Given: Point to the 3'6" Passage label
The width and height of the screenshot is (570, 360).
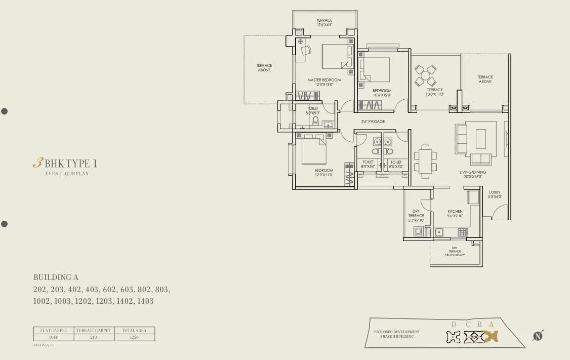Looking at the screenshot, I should click(x=373, y=122).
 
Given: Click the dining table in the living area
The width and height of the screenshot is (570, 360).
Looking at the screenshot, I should click(x=425, y=160).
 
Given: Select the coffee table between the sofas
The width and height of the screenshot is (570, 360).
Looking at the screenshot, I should click(x=480, y=138).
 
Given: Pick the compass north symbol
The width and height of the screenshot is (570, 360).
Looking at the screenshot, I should click(x=537, y=336).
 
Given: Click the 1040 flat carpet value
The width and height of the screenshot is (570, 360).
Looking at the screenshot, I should click(x=53, y=337).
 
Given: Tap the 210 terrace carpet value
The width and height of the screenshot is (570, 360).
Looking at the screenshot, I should click(x=94, y=337).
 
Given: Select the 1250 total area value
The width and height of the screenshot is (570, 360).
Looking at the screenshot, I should click(x=134, y=337).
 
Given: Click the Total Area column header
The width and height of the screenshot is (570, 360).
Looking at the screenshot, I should click(x=134, y=330).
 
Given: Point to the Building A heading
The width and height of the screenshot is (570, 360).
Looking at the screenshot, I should click(x=56, y=277).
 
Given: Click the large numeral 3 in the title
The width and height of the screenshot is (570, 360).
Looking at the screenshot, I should click(x=37, y=163).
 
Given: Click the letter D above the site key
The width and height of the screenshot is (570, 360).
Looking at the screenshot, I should click(x=454, y=325).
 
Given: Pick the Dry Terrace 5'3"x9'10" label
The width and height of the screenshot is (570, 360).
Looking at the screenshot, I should click(x=416, y=216).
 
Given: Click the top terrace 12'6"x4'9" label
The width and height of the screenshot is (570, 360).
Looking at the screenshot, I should click(x=324, y=23).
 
